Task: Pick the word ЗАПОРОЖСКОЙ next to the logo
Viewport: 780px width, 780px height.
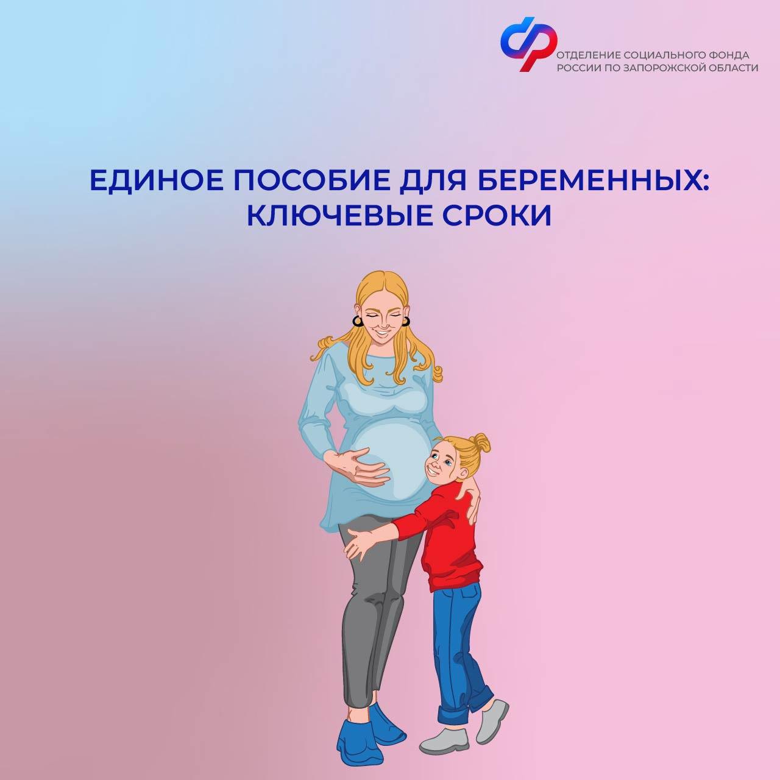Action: pos(666,68)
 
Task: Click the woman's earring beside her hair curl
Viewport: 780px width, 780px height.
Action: pos(358,321)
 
